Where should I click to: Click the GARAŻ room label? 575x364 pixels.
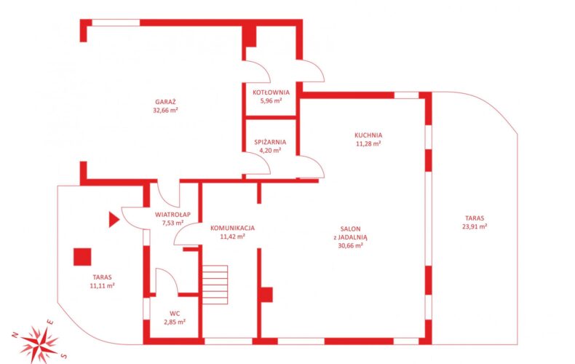click(165, 102)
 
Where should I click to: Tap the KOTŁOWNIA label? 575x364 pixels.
click(271, 92)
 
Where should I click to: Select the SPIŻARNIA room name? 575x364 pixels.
click(270, 142)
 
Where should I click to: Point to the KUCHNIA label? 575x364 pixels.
click(368, 135)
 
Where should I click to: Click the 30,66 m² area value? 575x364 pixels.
click(351, 245)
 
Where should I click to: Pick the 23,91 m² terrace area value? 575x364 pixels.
click(475, 226)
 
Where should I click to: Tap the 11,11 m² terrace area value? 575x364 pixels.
click(103, 285)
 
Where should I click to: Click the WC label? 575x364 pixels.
click(175, 314)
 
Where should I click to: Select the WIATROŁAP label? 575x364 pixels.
click(172, 215)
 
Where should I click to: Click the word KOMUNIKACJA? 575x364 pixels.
click(232, 228)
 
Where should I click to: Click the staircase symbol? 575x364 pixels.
click(215, 285)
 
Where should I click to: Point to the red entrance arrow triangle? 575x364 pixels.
click(114, 219)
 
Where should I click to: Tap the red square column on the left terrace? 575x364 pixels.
click(82, 257)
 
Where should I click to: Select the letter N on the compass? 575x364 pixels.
click(15, 335)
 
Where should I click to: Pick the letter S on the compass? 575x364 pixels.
click(63, 355)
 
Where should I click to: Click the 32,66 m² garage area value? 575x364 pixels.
click(165, 110)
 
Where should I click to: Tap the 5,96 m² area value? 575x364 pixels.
click(271, 100)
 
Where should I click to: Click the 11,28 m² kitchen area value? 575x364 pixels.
click(368, 143)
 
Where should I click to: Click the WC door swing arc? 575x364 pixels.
click(172, 274)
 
